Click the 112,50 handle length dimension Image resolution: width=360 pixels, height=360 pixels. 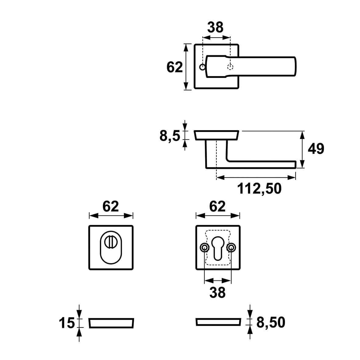click(x=259, y=189)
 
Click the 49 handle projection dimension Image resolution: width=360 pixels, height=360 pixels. click(x=316, y=149)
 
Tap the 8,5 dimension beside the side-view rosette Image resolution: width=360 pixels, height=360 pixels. click(x=170, y=136)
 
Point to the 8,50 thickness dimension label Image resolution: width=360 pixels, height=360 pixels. click(x=271, y=322)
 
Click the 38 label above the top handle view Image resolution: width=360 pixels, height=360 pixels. click(x=216, y=27)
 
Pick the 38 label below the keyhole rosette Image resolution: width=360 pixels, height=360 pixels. click(x=217, y=292)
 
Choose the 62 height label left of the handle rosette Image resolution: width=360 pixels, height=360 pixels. click(x=174, y=67)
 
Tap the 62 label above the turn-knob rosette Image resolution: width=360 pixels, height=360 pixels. click(x=110, y=206)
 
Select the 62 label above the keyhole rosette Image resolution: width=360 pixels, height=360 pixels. click(x=217, y=206)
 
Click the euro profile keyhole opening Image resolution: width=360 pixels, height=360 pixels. click(x=217, y=248)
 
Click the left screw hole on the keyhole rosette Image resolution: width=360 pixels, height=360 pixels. click(x=204, y=248)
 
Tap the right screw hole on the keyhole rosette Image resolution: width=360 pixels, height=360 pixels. click(x=231, y=248)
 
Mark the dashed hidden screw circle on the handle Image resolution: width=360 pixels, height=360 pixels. click(x=230, y=67)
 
